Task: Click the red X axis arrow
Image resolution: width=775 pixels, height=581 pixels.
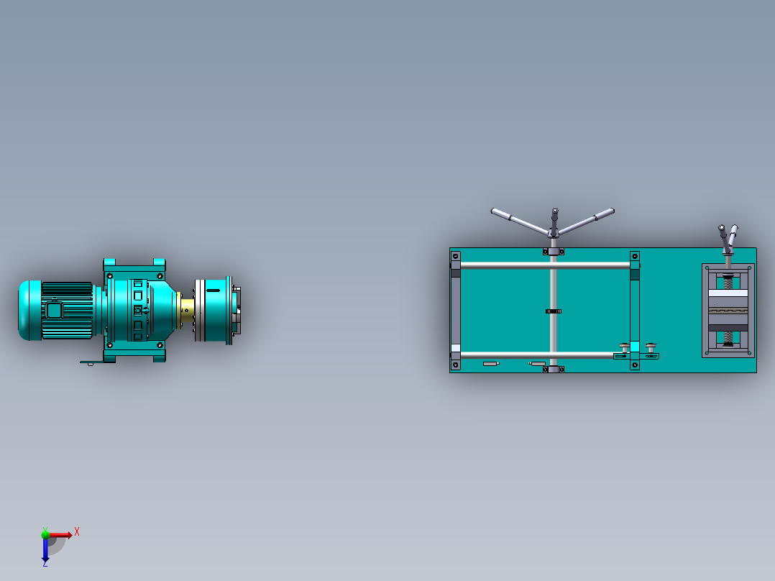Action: [x=61, y=534]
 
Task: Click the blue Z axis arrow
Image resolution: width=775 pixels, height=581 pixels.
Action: [x=45, y=551]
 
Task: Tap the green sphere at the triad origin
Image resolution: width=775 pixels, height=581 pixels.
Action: [x=46, y=534]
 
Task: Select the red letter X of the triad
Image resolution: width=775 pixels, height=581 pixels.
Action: [x=77, y=531]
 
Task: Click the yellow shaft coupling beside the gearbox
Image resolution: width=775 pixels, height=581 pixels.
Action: [x=187, y=310]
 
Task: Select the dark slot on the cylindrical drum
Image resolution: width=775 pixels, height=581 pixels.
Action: [x=213, y=290]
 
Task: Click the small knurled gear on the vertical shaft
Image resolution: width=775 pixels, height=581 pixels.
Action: [x=553, y=311]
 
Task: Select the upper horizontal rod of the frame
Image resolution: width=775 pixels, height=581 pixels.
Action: [x=544, y=265]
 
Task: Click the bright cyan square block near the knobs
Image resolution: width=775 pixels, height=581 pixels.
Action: [x=634, y=346]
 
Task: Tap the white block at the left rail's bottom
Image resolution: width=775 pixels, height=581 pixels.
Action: [x=455, y=348]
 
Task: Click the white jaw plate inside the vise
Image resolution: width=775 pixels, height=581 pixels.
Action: [x=728, y=293]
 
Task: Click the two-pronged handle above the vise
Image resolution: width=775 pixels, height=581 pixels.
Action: [x=728, y=237]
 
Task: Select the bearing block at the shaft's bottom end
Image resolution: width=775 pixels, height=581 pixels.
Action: [x=553, y=369]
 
